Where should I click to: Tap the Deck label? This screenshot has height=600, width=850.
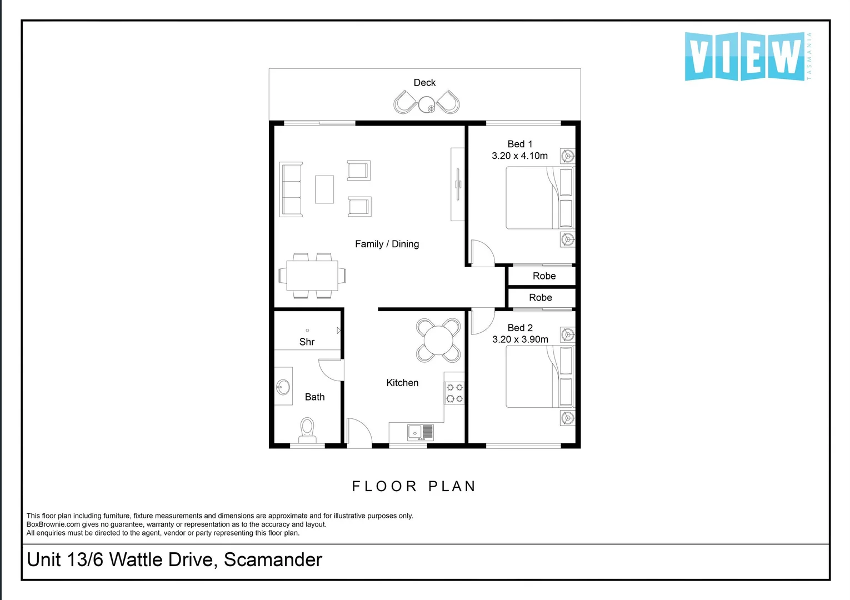[424, 83]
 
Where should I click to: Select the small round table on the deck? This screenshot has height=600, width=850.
[427, 104]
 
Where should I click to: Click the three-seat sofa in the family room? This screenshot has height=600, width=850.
[291, 189]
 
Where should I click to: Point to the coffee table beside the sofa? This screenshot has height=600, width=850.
[324, 189]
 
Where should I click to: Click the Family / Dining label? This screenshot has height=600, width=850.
[387, 244]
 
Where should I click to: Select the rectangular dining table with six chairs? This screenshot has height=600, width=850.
[312, 276]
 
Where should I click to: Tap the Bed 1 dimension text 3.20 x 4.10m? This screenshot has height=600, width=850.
[519, 156]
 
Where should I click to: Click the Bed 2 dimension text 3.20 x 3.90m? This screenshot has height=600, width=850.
[520, 339]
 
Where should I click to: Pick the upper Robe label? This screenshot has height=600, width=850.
[544, 276]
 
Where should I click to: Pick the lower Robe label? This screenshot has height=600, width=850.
[540, 298]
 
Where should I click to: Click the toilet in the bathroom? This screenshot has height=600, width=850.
[307, 429]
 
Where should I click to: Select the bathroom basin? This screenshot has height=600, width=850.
[283, 387]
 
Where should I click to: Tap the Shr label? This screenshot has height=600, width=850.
[307, 342]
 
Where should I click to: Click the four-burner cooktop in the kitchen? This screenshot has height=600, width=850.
[454, 393]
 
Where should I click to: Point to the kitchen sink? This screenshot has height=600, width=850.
[420, 432]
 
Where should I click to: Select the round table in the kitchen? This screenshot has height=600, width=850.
[438, 340]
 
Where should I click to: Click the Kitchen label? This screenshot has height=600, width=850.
[402, 383]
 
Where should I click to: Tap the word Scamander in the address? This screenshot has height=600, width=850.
[273, 559]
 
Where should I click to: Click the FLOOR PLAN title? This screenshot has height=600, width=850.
[414, 486]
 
